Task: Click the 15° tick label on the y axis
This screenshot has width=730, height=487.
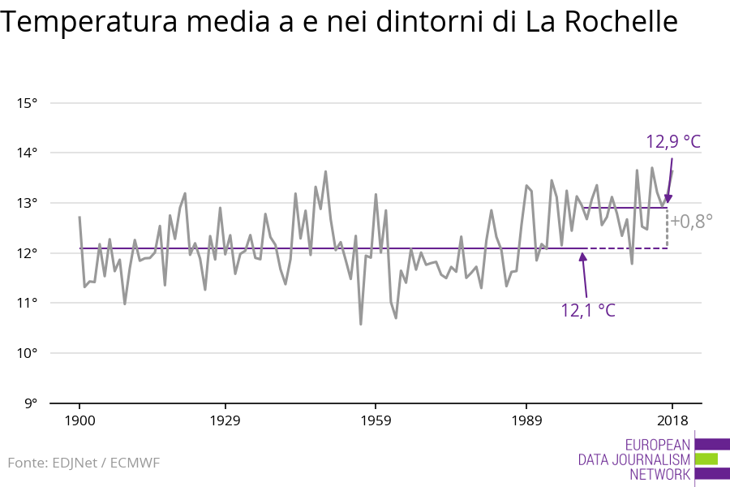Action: point(27,103)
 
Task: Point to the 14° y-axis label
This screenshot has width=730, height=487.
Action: point(27,153)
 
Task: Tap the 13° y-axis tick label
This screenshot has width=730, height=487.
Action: point(27,203)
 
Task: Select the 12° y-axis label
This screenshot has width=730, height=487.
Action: point(27,253)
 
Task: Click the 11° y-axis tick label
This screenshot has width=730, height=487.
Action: point(27,303)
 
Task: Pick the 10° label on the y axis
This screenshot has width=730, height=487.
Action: point(27,353)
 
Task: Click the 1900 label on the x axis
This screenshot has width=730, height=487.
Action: point(79,420)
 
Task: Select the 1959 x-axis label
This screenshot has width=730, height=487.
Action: point(375,420)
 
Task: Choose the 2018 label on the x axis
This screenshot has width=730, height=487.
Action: point(672,420)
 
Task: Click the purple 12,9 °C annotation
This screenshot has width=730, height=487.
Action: point(672,142)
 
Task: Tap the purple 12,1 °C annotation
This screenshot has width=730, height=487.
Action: point(588,309)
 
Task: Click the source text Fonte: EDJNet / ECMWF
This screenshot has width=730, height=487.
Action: point(84,463)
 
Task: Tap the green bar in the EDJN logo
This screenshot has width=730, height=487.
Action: point(706,459)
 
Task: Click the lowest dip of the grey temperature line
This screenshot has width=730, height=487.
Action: point(360,324)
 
